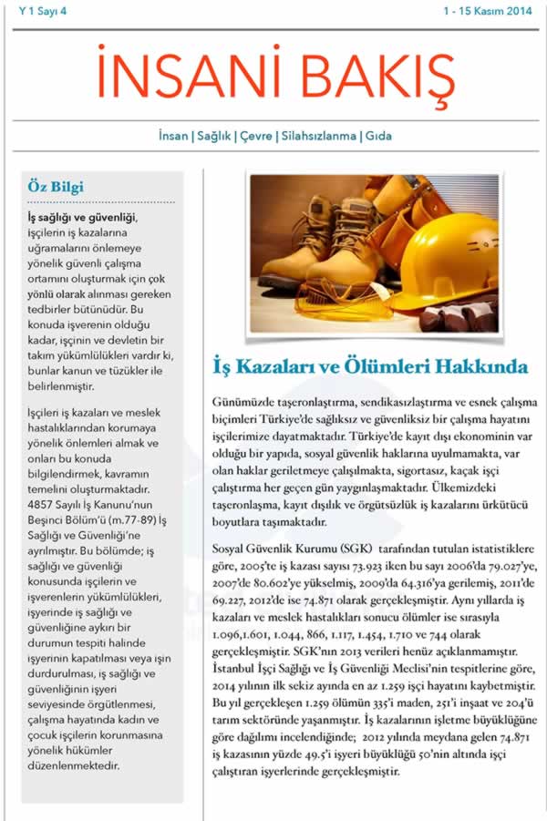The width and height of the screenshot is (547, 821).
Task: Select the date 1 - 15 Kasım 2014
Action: point(488,11)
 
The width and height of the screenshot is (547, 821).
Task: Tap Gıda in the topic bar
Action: point(378,136)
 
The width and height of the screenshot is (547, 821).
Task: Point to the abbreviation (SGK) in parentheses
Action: point(343,550)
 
